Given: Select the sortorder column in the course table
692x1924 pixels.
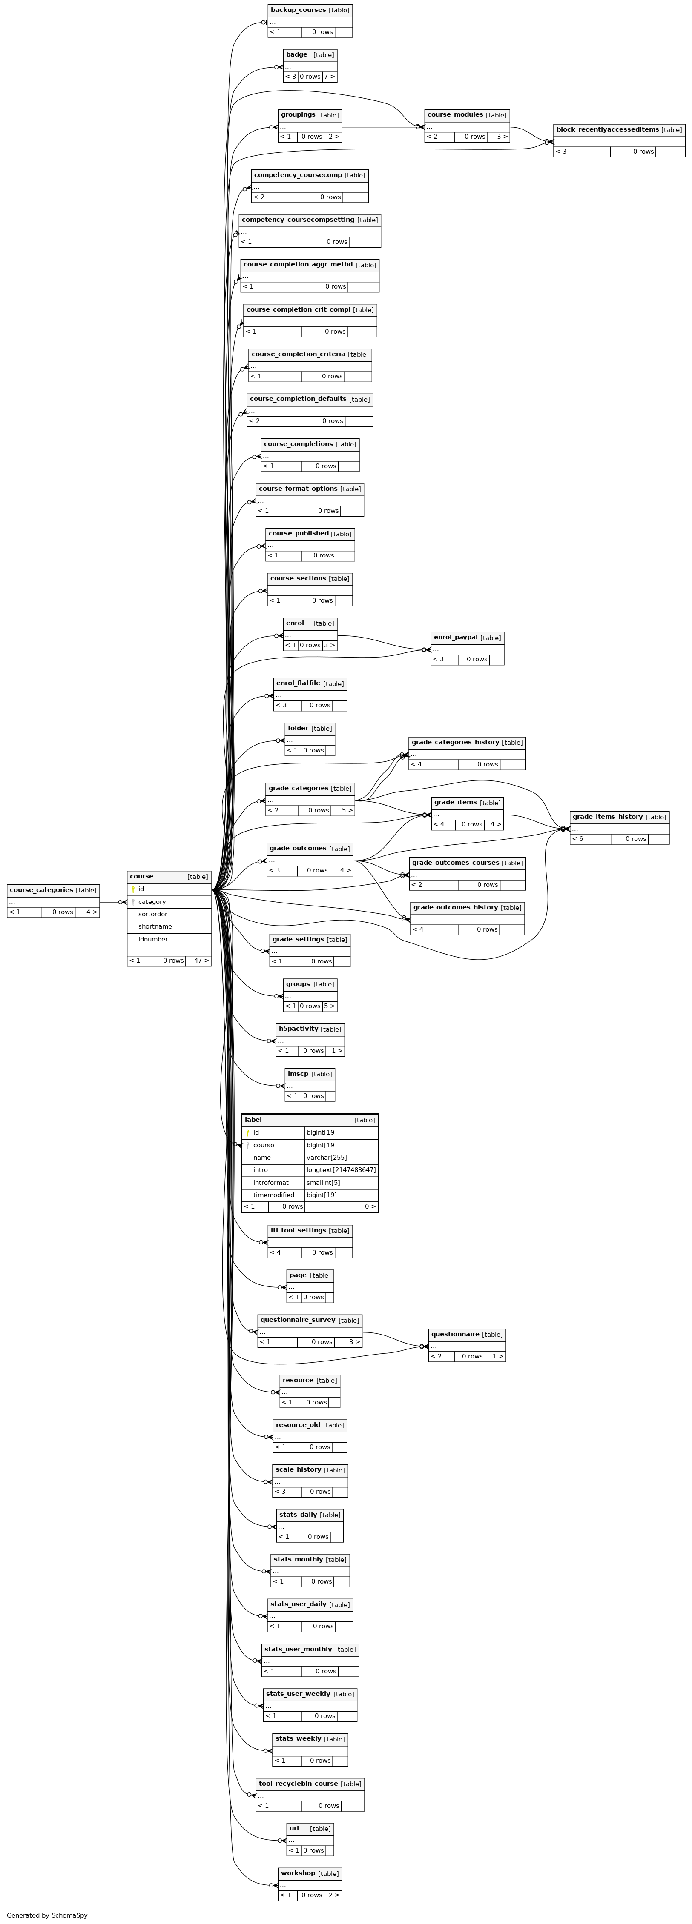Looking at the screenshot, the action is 152,914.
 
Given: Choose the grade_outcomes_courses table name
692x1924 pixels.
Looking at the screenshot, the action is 455,863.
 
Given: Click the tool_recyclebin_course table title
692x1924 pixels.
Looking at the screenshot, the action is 297,1784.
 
